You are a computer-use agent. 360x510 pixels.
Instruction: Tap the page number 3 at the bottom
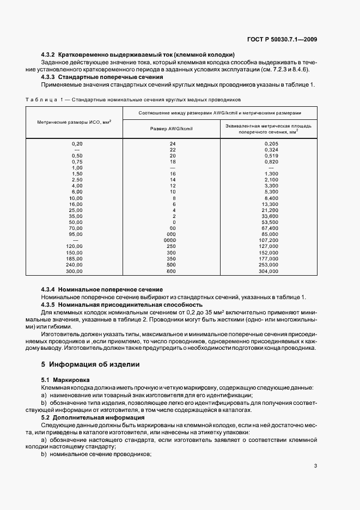pyautogui.click(x=315, y=466)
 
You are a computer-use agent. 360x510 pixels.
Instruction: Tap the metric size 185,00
pyautogui.click(x=74, y=259)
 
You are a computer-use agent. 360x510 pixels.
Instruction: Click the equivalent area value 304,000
pyautogui.click(x=269, y=271)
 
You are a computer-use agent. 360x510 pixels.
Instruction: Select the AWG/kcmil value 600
pyautogui.click(x=172, y=271)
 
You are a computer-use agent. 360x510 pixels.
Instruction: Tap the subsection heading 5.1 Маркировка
pyautogui.click(x=66, y=379)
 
